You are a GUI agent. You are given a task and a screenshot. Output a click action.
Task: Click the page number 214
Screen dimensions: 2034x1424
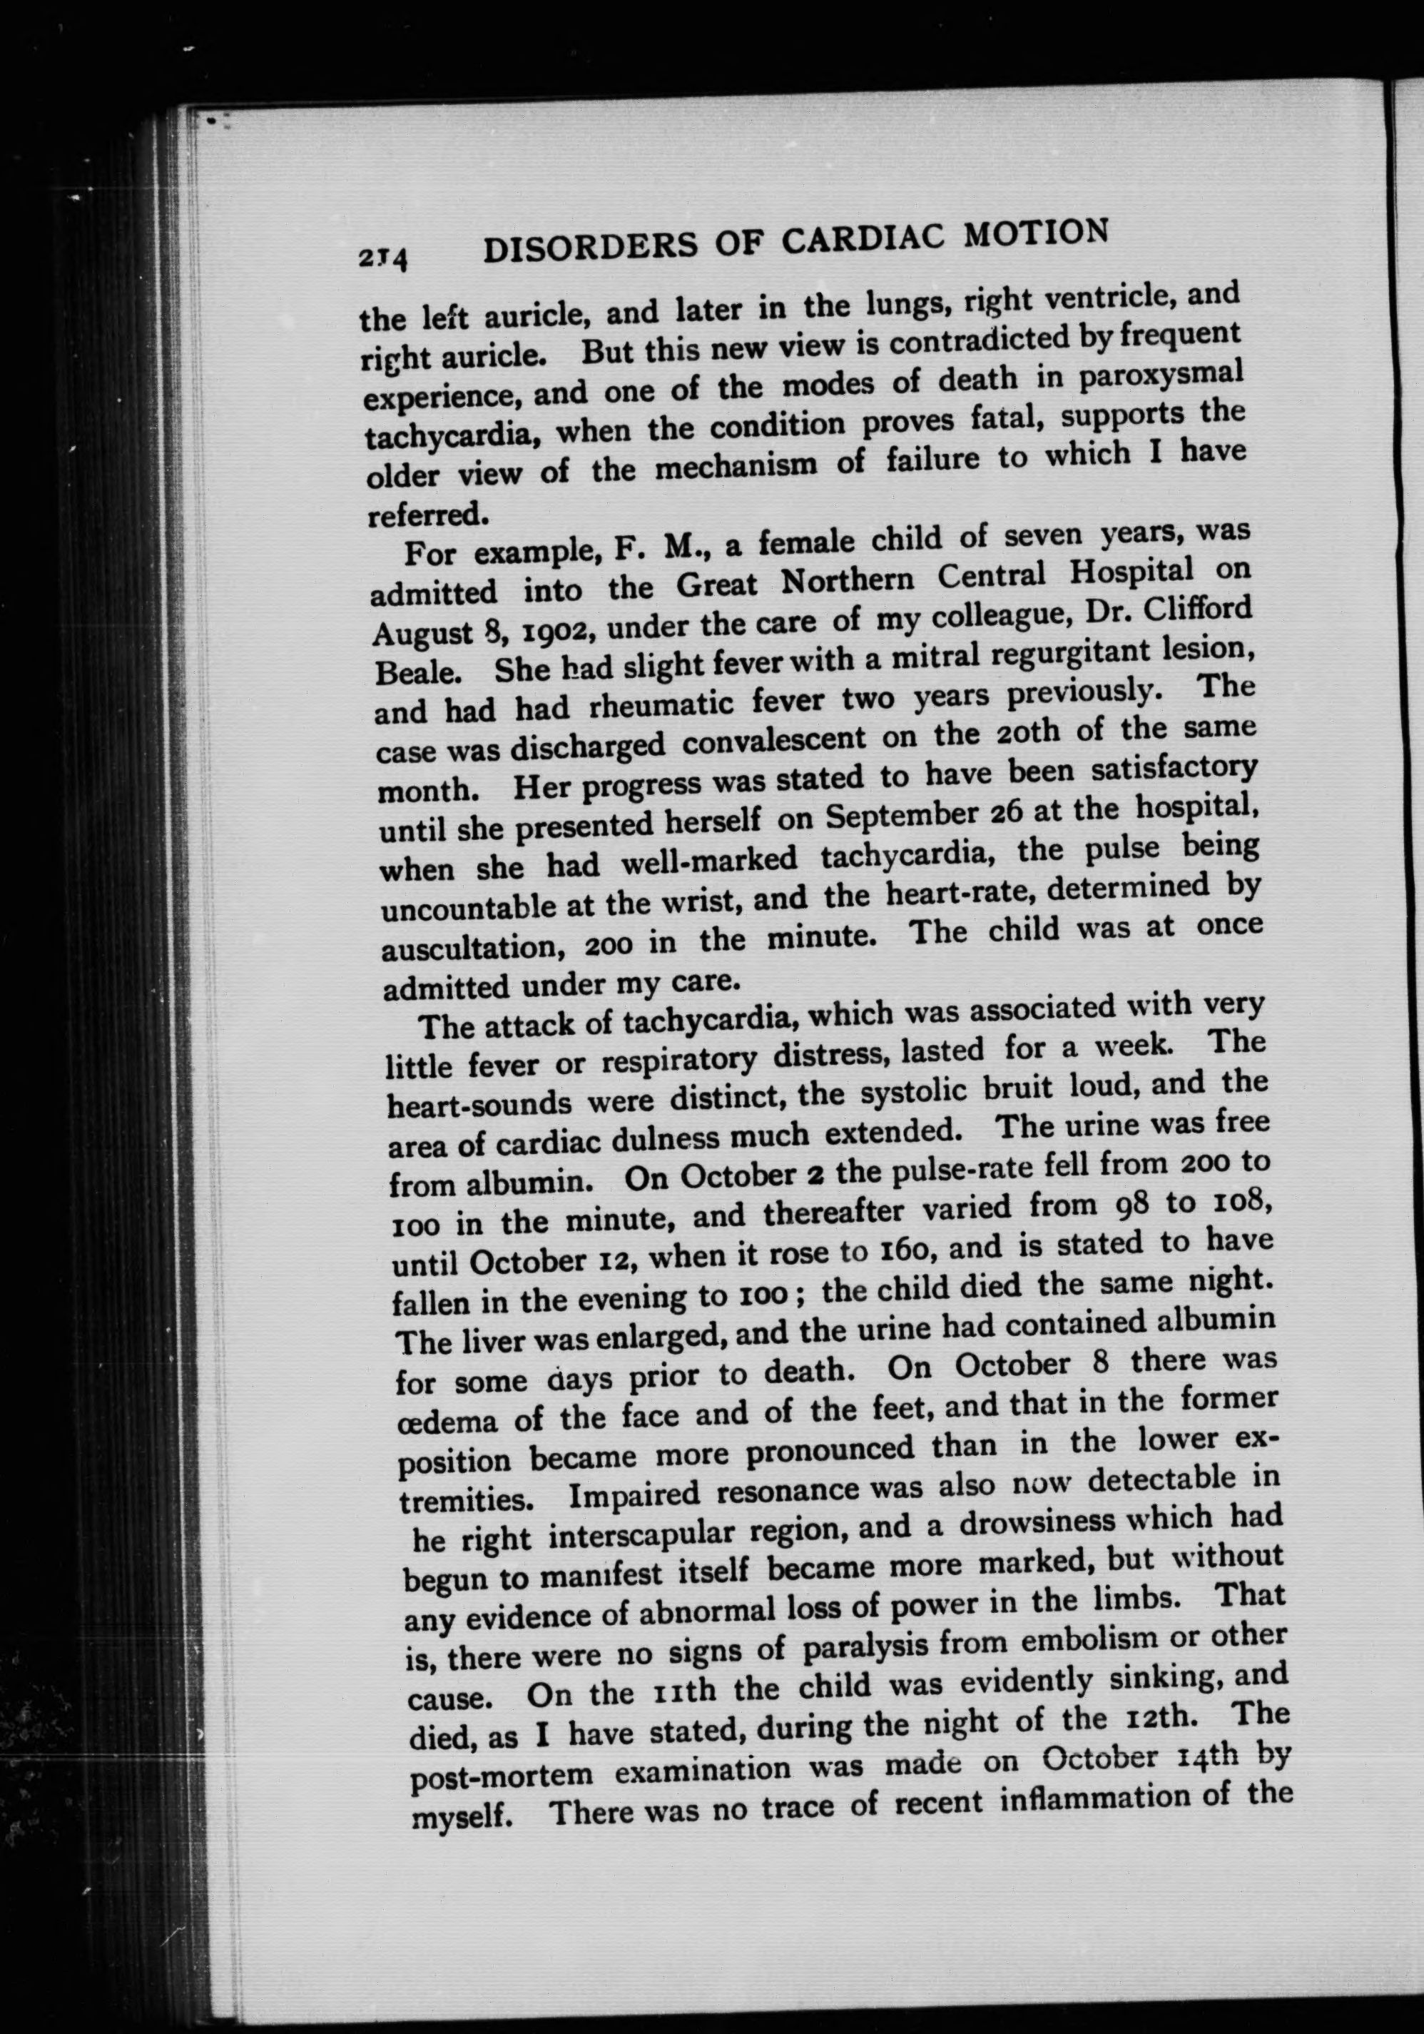(x=382, y=258)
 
